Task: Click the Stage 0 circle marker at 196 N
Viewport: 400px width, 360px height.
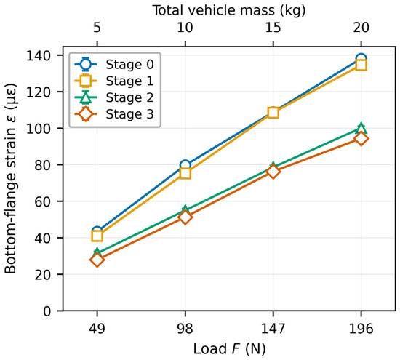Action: (361, 59)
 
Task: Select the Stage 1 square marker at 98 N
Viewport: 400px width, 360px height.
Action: (185, 174)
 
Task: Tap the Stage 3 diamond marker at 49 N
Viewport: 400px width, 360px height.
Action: (97, 260)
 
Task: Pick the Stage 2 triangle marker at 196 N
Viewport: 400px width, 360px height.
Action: (361, 128)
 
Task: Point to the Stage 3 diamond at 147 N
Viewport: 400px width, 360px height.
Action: (273, 172)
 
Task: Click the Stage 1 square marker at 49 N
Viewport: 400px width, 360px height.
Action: (97, 236)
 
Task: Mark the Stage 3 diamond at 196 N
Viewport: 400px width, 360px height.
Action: (361, 139)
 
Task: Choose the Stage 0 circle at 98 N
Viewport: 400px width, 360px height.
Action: (185, 165)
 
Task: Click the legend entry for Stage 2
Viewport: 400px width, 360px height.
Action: (114, 97)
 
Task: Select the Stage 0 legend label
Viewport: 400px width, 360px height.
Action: (129, 65)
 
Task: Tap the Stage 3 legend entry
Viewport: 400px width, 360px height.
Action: (114, 114)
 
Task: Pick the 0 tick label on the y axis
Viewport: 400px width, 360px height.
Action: (47, 311)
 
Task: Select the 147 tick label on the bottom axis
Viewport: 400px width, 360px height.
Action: (273, 329)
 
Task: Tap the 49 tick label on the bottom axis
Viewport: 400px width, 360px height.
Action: (97, 329)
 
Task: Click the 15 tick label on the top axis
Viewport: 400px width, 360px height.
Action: (273, 28)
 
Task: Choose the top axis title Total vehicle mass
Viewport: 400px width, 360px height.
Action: (213, 10)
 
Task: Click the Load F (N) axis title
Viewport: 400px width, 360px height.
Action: (229, 349)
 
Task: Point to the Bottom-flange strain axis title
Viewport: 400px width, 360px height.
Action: (10, 179)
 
